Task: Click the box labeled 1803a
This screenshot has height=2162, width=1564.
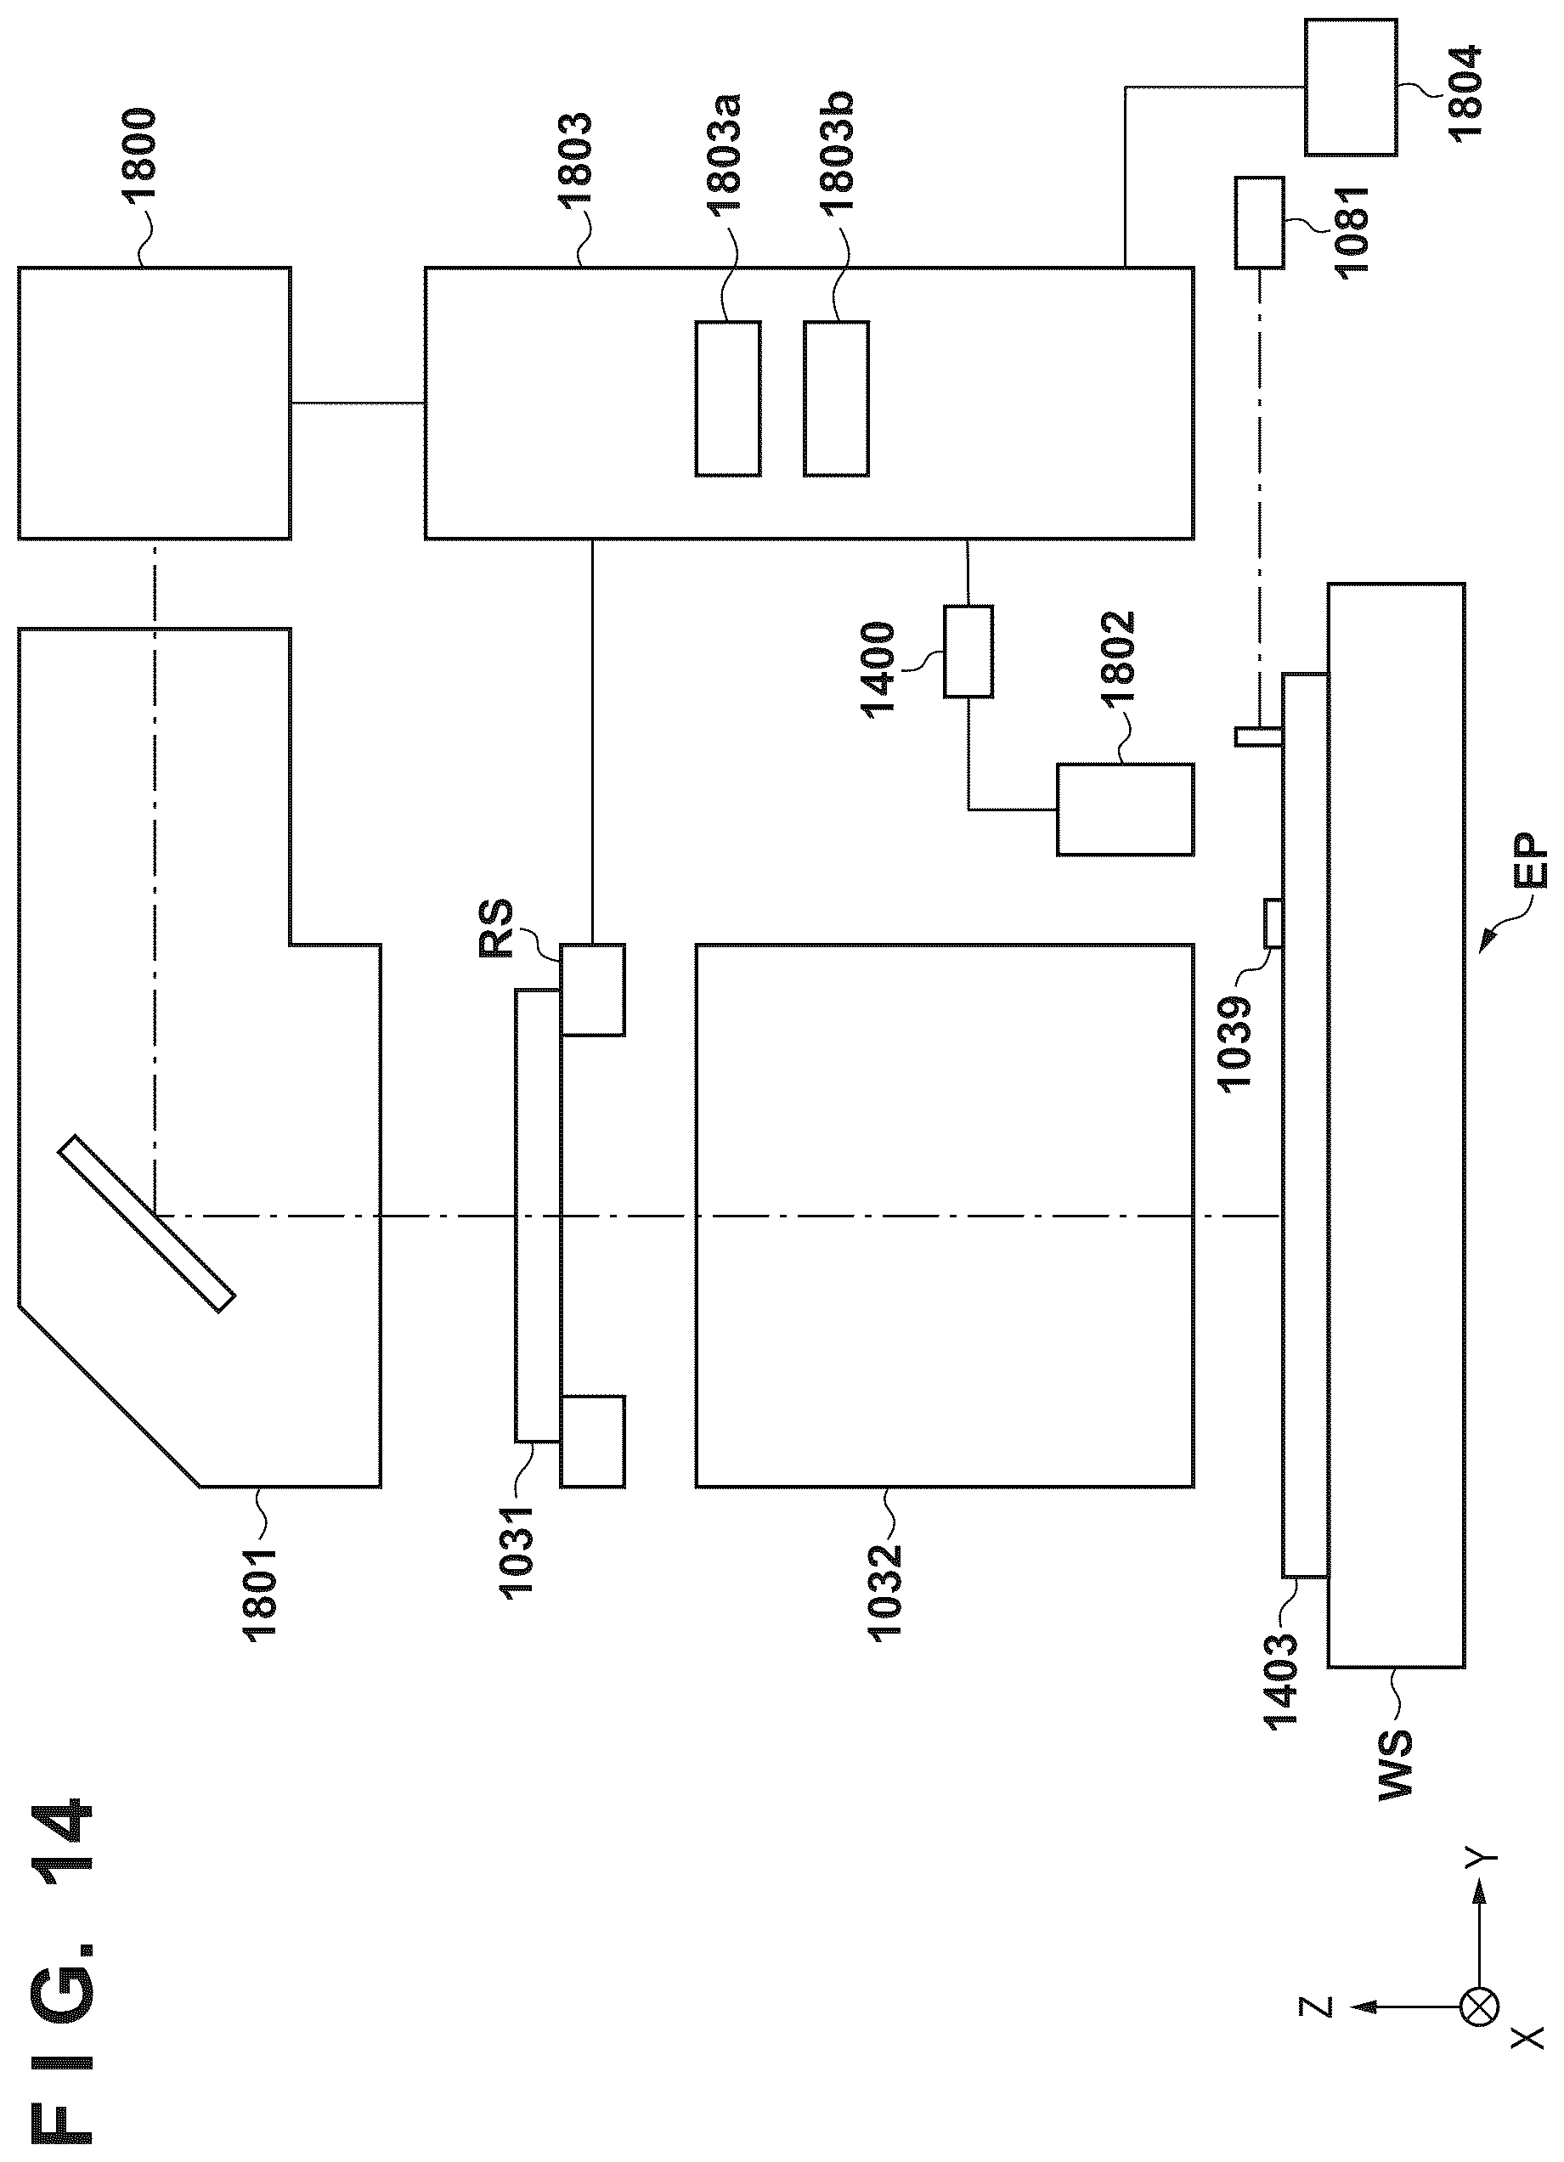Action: click(728, 398)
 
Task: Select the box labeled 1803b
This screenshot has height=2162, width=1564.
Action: click(836, 398)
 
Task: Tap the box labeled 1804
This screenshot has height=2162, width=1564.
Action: click(1352, 87)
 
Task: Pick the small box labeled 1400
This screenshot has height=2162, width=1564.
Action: click(968, 651)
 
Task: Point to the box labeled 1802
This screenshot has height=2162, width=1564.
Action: click(1125, 810)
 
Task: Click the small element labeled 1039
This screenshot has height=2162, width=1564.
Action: click(1272, 923)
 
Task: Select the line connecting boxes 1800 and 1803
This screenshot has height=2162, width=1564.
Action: click(358, 404)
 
